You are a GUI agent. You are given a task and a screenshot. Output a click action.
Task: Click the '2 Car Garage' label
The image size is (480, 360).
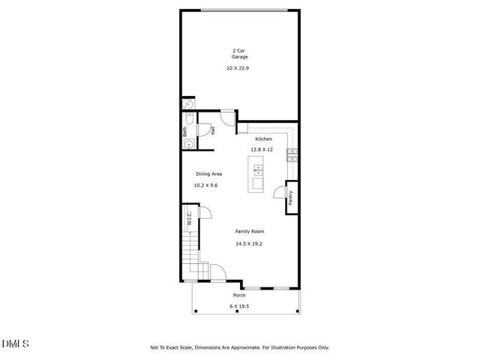[x=239, y=54]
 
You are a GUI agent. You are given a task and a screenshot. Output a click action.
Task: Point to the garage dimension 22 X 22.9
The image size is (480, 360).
[x=239, y=68]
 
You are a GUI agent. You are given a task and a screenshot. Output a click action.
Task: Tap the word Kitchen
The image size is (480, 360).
[x=263, y=139]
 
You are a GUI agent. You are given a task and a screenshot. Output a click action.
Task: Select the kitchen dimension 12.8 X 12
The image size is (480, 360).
[x=262, y=150]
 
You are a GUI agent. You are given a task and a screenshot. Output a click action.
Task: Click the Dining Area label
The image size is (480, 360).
[x=208, y=174]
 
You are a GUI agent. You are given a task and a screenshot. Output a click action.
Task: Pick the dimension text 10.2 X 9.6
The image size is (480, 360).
[x=205, y=185]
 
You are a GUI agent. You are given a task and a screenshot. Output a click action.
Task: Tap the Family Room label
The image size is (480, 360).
[x=250, y=231]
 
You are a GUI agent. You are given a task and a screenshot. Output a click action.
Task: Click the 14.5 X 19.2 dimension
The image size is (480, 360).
[x=250, y=243]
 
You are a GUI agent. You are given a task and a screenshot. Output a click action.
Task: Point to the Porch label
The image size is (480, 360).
[x=238, y=295]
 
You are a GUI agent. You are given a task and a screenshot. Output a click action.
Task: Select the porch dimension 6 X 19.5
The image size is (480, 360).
[x=238, y=307]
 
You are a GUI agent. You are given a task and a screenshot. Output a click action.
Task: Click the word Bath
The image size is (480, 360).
[x=184, y=132]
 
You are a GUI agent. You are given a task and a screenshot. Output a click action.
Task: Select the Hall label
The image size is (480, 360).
[x=213, y=130]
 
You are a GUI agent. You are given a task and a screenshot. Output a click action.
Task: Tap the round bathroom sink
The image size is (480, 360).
[x=190, y=145]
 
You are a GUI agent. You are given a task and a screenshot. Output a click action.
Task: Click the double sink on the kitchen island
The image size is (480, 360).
[x=258, y=169]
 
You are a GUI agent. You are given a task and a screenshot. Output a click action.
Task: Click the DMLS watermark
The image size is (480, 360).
[x=16, y=344]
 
